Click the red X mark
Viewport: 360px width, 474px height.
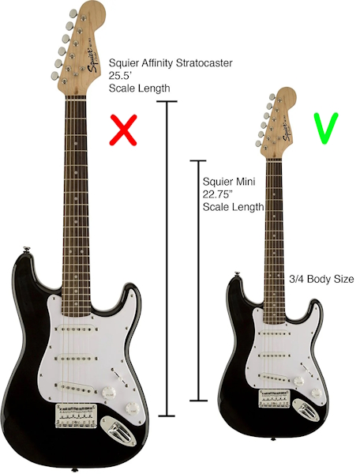(123, 130)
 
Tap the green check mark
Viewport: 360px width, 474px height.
(326, 128)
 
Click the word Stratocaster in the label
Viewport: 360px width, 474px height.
(204, 63)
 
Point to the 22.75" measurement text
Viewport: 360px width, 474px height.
(218, 194)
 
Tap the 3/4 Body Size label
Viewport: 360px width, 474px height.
(321, 279)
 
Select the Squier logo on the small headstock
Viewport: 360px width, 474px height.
(287, 132)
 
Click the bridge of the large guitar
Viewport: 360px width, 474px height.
(76, 416)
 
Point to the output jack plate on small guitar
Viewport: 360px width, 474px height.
(306, 411)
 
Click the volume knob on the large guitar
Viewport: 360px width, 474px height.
(108, 393)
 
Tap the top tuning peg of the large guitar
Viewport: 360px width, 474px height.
(73, 13)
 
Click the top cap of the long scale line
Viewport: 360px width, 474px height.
(167, 102)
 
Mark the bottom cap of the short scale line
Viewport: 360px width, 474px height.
(198, 401)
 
